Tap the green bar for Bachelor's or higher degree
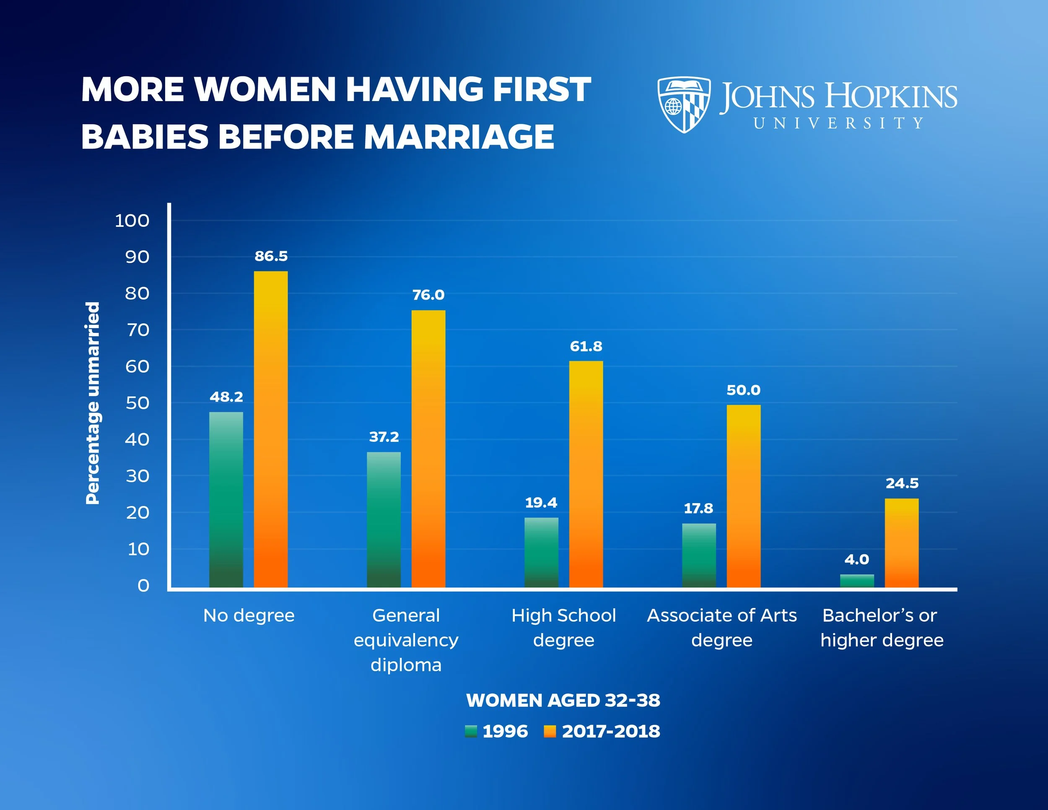click(x=856, y=581)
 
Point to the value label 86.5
click(x=271, y=256)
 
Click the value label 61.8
click(x=586, y=346)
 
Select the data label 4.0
click(x=856, y=560)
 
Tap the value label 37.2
click(x=384, y=437)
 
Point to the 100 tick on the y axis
click(x=132, y=221)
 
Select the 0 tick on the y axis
click(x=143, y=585)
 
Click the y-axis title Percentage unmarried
click(x=92, y=403)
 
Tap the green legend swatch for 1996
click(x=471, y=731)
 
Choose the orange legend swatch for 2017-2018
click(x=550, y=731)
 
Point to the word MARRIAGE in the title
click(x=459, y=137)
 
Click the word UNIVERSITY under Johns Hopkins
click(x=838, y=123)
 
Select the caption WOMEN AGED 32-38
click(x=563, y=701)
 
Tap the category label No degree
click(x=249, y=615)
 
